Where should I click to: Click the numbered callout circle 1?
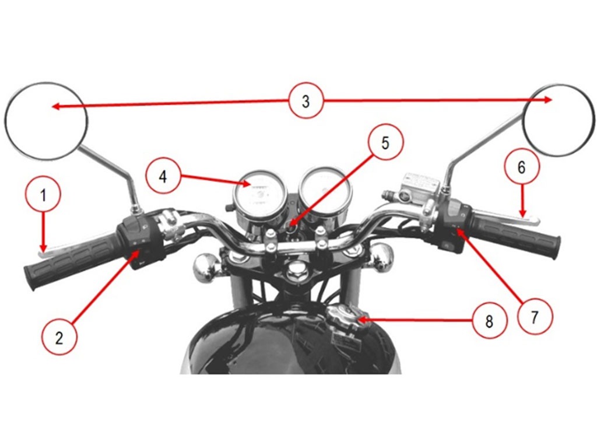[43, 196]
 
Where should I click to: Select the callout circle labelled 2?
[59, 338]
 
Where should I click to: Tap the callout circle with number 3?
[305, 101]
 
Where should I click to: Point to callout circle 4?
[163, 177]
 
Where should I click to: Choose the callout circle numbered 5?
[385, 143]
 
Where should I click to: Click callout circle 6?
[522, 167]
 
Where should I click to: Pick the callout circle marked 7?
[534, 317]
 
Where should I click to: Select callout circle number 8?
[489, 321]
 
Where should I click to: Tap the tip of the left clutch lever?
[40, 252]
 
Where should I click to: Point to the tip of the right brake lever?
[538, 220]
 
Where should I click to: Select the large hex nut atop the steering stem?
[294, 272]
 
